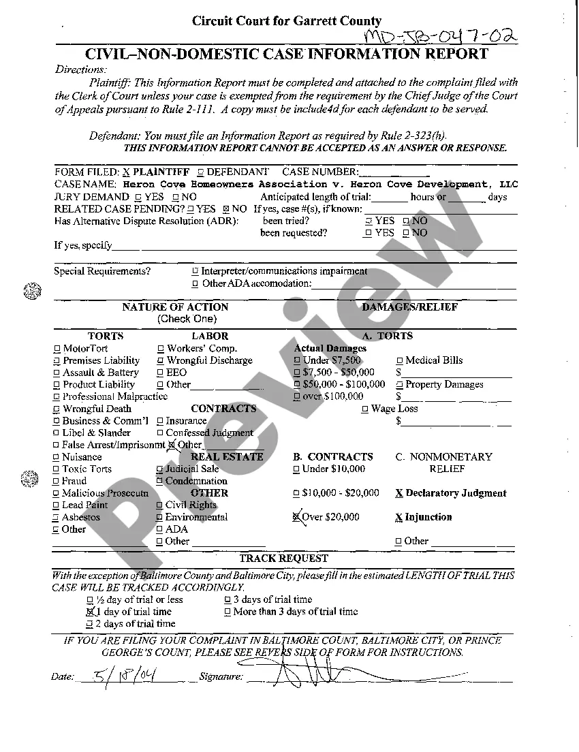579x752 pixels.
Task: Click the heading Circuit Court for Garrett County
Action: point(287,21)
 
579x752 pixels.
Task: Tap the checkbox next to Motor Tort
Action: point(57,349)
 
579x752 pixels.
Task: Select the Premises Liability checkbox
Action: point(57,361)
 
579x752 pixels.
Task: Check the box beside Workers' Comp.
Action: point(161,349)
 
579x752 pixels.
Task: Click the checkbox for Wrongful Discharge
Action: point(161,361)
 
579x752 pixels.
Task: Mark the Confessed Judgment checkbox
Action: point(160,433)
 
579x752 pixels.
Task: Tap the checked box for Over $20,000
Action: point(296,517)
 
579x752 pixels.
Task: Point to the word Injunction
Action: point(428,517)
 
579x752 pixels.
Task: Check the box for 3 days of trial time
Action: point(228,600)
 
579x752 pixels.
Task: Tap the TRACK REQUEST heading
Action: point(283,559)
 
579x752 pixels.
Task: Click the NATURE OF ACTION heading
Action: point(175,307)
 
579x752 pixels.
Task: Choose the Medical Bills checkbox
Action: point(400,361)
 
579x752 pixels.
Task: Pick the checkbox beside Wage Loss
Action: point(365,409)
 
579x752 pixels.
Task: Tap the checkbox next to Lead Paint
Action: point(57,505)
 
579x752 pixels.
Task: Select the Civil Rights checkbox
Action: point(160,505)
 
